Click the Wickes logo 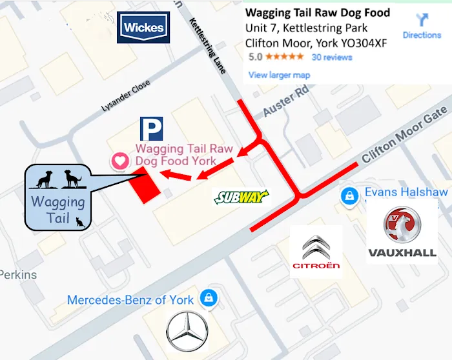coord(143,28)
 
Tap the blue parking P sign coord(152,129)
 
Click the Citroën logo coord(316,252)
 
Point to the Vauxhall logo coord(402,231)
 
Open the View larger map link coord(279,75)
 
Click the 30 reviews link coord(332,57)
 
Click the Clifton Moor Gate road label coord(404,136)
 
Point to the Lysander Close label coord(126,97)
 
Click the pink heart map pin coord(119,161)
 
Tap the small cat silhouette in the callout coord(80,223)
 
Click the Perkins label coord(18,275)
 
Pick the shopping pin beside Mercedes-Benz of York coord(208,298)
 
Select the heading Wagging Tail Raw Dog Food coord(318,12)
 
